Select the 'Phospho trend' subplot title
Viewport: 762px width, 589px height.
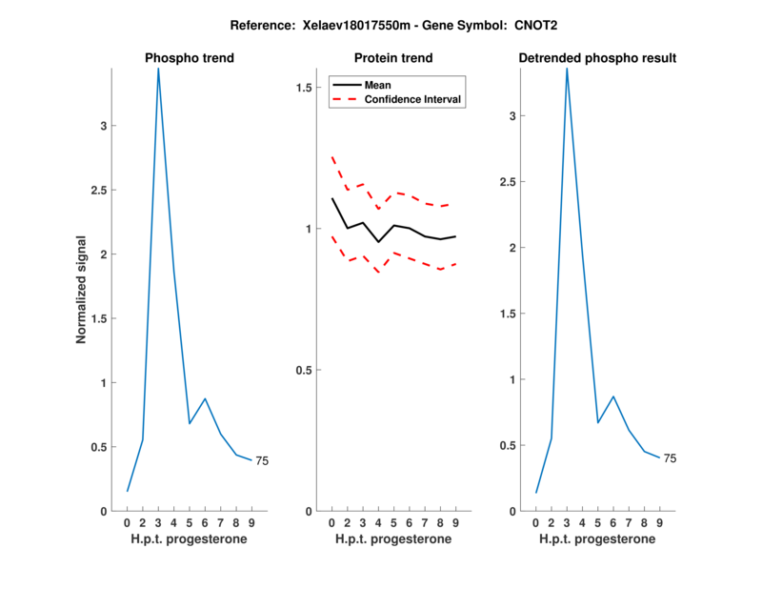point(190,58)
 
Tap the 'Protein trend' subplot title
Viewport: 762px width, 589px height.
point(393,58)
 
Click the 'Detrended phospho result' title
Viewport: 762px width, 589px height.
point(597,58)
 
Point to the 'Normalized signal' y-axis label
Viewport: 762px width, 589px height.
point(82,290)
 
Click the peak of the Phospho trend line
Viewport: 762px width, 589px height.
point(158,69)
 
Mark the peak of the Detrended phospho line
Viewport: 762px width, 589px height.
point(567,69)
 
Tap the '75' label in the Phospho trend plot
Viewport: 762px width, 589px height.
point(262,461)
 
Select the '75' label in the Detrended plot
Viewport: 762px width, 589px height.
point(670,458)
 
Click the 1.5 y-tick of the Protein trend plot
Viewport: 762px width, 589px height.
point(305,88)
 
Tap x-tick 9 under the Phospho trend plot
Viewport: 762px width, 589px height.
point(251,523)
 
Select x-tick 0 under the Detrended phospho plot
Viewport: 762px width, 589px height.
point(535,523)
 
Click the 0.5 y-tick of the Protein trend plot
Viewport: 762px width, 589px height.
point(305,370)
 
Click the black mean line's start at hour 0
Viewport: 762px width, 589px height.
point(331,198)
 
